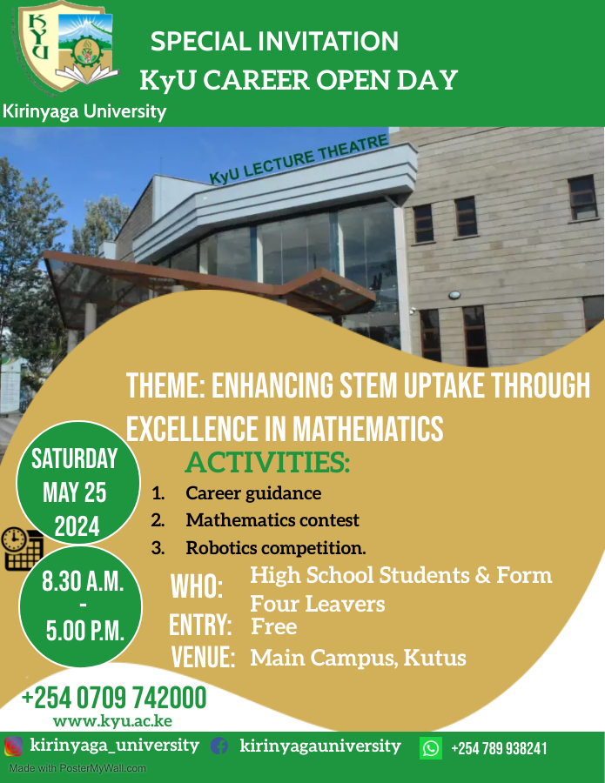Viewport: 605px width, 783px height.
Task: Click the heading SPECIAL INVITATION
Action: click(x=274, y=41)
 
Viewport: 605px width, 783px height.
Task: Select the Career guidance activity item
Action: click(x=252, y=493)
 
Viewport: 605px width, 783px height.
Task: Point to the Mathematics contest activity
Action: click(x=272, y=520)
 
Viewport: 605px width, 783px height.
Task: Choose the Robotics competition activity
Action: click(x=275, y=548)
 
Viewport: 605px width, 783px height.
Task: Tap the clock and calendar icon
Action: click(x=22, y=549)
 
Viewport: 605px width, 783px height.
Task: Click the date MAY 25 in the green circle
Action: click(x=74, y=492)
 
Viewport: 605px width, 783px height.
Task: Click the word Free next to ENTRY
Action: click(x=273, y=626)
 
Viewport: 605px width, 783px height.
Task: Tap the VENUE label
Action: click(x=203, y=657)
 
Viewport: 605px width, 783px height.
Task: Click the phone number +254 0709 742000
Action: click(x=114, y=698)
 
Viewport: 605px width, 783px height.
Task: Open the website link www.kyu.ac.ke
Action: click(x=112, y=721)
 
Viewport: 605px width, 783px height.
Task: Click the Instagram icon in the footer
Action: click(x=13, y=746)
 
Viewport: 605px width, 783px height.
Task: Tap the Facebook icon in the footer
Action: click(x=219, y=746)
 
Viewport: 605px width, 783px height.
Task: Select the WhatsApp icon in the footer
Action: click(x=431, y=748)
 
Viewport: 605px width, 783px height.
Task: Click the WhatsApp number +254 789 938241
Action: click(x=499, y=748)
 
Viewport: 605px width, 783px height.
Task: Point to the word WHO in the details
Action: click(x=196, y=586)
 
